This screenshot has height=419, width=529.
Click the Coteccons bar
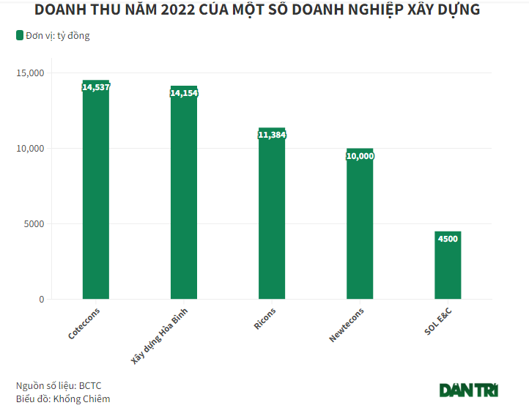(x=96, y=194)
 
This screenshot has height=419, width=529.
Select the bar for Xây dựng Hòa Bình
(x=184, y=198)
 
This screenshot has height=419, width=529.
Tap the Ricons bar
(x=272, y=216)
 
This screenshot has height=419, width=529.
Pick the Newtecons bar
(x=360, y=227)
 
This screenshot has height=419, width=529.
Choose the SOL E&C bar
(x=448, y=267)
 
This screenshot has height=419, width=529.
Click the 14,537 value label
(x=96, y=86)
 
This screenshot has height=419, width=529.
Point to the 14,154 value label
(x=184, y=93)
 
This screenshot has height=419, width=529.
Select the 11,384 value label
(x=272, y=135)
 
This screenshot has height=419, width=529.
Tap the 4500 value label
(x=448, y=239)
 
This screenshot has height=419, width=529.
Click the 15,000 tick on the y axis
(x=30, y=73)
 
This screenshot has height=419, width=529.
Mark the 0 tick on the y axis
(x=42, y=300)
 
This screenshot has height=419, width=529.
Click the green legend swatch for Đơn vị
(x=19, y=35)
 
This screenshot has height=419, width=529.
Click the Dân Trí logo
(x=469, y=390)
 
